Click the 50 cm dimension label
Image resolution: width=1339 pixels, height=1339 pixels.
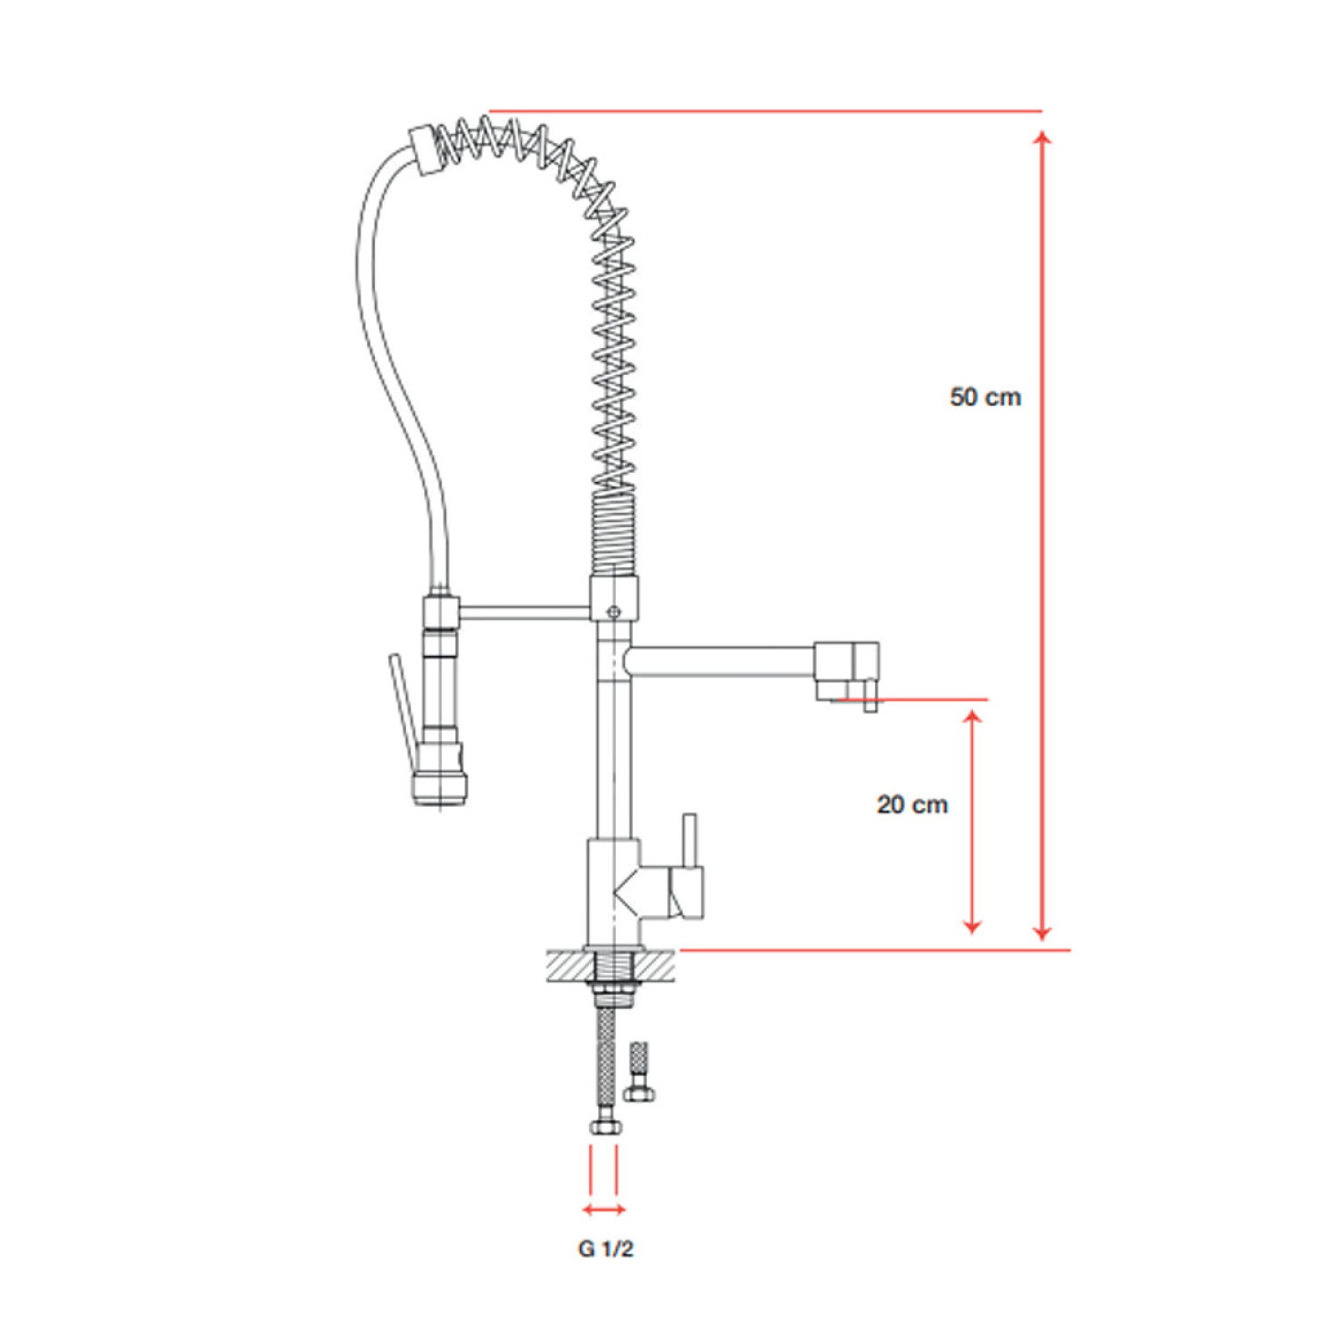click(x=986, y=396)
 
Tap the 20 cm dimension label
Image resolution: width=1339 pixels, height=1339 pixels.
click(x=911, y=804)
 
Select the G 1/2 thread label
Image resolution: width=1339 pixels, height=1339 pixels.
click(x=605, y=1249)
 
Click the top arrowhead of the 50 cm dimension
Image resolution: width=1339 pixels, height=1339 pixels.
click(x=1042, y=137)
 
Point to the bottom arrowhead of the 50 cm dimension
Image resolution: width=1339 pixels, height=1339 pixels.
click(x=1042, y=933)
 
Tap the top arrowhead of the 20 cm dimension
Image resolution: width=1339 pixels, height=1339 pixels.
click(x=973, y=717)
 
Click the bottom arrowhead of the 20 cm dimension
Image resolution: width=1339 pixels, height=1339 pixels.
click(x=973, y=927)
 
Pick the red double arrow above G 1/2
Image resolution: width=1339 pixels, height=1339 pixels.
click(x=603, y=1210)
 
